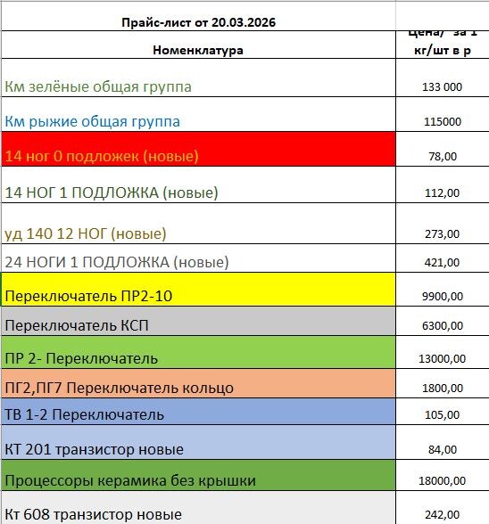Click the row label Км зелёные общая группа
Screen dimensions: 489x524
pyautogui.click(x=98, y=86)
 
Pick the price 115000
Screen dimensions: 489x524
pyautogui.click(x=441, y=121)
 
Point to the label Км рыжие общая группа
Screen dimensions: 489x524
pyautogui.click(x=93, y=121)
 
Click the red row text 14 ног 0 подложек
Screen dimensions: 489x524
pyautogui.click(x=102, y=156)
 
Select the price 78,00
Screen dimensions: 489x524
pyautogui.click(x=441, y=157)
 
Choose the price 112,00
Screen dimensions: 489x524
pyautogui.click(x=441, y=192)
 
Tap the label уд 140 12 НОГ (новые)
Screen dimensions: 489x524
pyautogui.click(x=86, y=233)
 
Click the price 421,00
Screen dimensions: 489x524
pyautogui.click(x=441, y=263)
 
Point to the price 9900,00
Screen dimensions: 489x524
pyautogui.click(x=441, y=296)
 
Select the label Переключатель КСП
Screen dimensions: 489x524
pyautogui.click(x=77, y=326)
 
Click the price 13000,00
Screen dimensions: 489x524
pyautogui.click(x=441, y=359)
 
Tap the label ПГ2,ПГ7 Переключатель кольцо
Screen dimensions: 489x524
pyautogui.click(x=120, y=388)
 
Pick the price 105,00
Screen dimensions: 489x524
pyautogui.click(x=441, y=415)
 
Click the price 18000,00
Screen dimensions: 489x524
pyautogui.click(x=441, y=481)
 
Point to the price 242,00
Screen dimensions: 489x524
pyautogui.click(x=441, y=514)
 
